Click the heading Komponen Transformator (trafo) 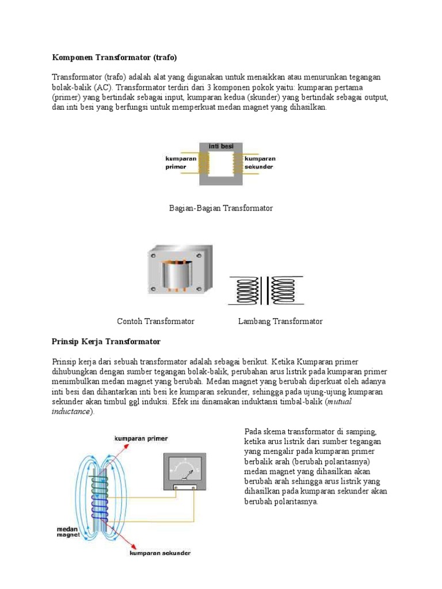coord(115,58)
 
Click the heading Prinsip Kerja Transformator coord(106,341)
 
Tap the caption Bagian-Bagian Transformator coord(221,208)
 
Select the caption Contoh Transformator coord(155,321)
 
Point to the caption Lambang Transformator coord(280,321)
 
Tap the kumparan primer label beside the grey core coord(181,162)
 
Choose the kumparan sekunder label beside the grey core coord(260,162)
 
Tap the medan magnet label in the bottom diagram coord(67,531)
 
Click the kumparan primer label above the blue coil coord(141,438)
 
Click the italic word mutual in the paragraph coord(338,401)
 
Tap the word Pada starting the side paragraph coord(253,431)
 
